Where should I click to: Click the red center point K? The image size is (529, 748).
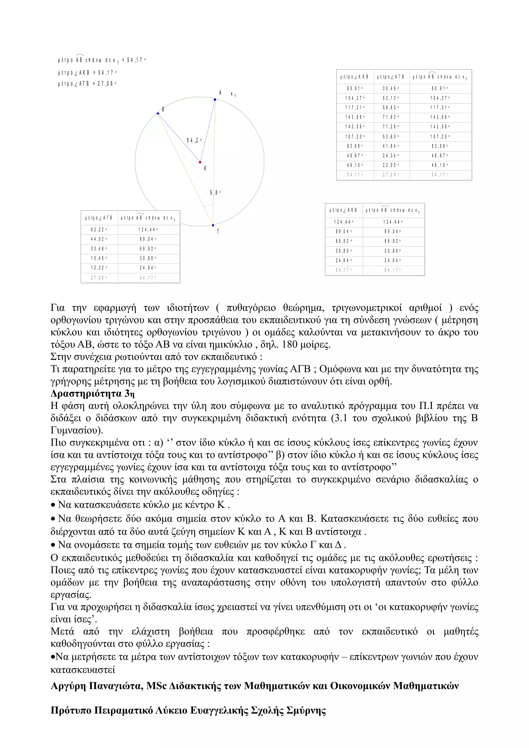click(x=200, y=162)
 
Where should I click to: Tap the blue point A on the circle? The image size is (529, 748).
click(x=215, y=100)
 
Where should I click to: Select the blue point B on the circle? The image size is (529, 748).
click(x=158, y=113)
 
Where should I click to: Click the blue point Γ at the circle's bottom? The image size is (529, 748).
click(x=213, y=225)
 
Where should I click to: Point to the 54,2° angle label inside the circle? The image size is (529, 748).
click(x=194, y=140)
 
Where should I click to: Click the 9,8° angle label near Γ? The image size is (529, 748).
click(x=215, y=193)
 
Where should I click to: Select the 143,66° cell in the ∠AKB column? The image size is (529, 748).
click(x=355, y=117)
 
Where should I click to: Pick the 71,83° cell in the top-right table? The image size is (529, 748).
click(x=391, y=117)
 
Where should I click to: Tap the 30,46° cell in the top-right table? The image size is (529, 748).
click(x=391, y=88)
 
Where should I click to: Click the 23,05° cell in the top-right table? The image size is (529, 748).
click(x=391, y=165)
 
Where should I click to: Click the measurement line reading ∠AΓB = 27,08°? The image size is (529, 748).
click(x=87, y=84)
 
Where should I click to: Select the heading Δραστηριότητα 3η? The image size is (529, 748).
click(x=92, y=394)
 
